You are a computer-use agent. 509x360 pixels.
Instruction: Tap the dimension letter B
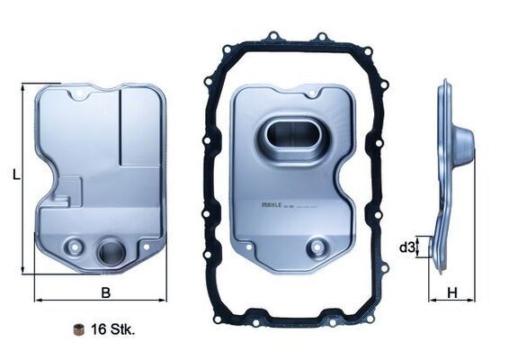tap(105, 292)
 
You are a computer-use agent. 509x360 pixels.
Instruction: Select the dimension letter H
tap(453, 292)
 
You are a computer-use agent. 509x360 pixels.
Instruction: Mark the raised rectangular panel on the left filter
tap(140, 127)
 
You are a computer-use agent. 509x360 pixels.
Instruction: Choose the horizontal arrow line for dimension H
tap(452, 301)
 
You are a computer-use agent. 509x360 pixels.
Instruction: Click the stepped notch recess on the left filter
tap(67, 192)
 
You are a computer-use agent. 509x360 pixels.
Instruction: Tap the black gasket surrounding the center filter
tap(210, 180)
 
